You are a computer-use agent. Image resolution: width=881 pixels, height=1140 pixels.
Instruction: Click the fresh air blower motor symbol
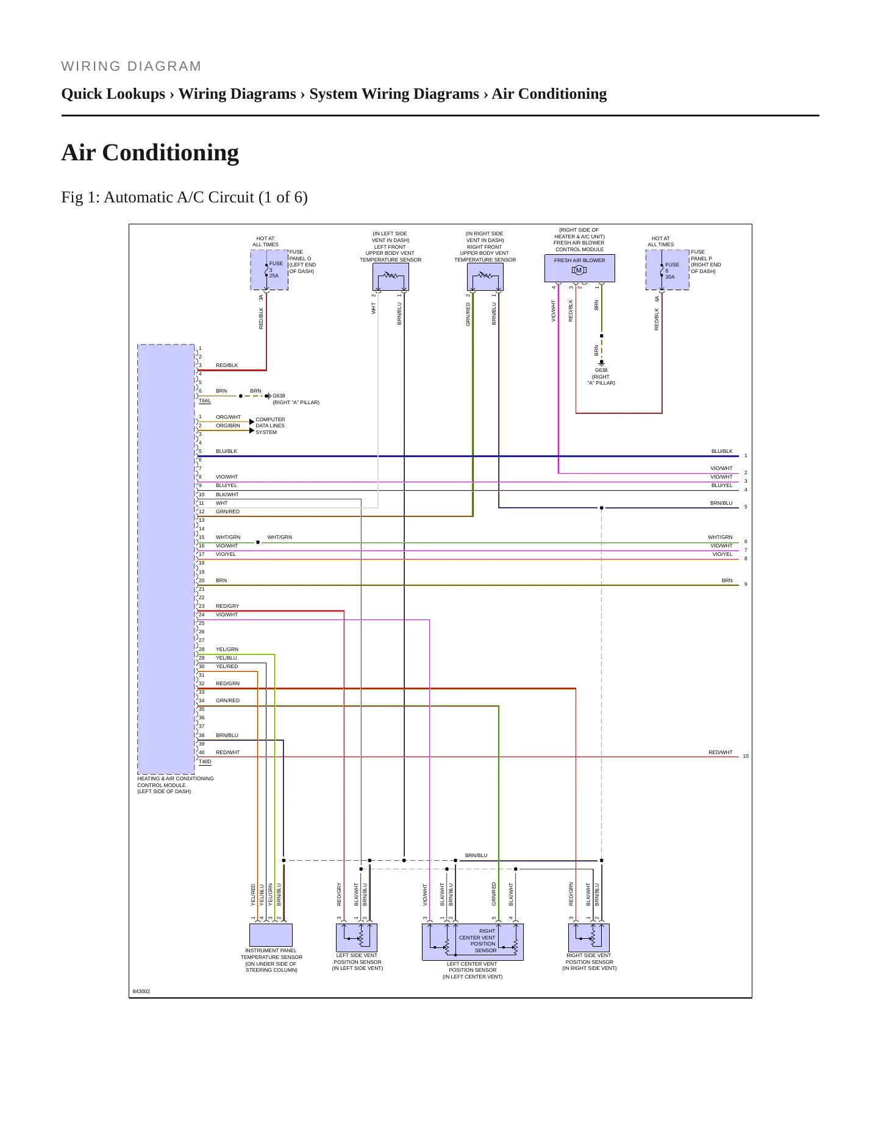click(579, 270)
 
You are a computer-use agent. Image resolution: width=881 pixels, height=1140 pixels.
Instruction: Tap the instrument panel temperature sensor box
click(271, 935)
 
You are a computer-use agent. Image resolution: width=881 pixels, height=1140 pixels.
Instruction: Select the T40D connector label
click(205, 761)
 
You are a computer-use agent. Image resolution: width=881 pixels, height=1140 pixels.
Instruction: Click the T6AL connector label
click(205, 401)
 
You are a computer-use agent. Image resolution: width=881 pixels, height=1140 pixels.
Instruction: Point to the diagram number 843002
click(141, 991)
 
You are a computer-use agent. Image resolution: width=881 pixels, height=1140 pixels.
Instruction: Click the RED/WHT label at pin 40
click(227, 752)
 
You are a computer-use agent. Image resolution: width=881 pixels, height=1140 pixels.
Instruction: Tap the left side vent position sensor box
click(357, 938)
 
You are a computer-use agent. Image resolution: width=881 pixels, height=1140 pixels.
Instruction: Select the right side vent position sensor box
click(589, 938)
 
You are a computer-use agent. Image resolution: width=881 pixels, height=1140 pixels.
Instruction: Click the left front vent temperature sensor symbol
click(391, 277)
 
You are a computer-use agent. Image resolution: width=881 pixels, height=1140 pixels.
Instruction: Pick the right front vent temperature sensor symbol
click(485, 277)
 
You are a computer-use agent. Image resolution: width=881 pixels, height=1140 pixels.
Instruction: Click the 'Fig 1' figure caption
click(184, 198)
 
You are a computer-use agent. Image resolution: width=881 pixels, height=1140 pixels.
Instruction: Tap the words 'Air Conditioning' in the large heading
click(150, 152)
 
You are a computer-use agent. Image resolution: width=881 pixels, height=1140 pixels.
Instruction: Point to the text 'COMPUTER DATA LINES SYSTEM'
click(270, 426)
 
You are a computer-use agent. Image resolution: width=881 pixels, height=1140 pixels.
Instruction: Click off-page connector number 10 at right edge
click(746, 756)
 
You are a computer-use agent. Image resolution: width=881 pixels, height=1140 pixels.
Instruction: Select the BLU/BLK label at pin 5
click(226, 451)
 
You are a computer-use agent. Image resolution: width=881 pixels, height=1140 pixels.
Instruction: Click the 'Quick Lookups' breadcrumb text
click(113, 94)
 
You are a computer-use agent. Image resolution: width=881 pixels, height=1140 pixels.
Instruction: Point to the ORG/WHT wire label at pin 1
click(228, 417)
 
